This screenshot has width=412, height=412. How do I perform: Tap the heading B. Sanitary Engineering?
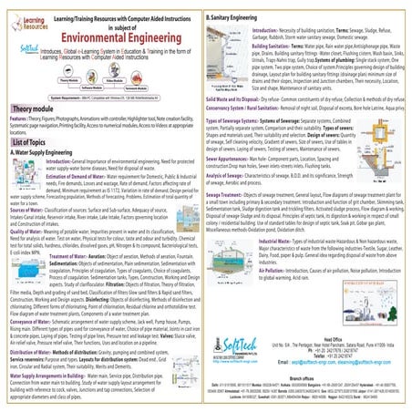click(x=246, y=17)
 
